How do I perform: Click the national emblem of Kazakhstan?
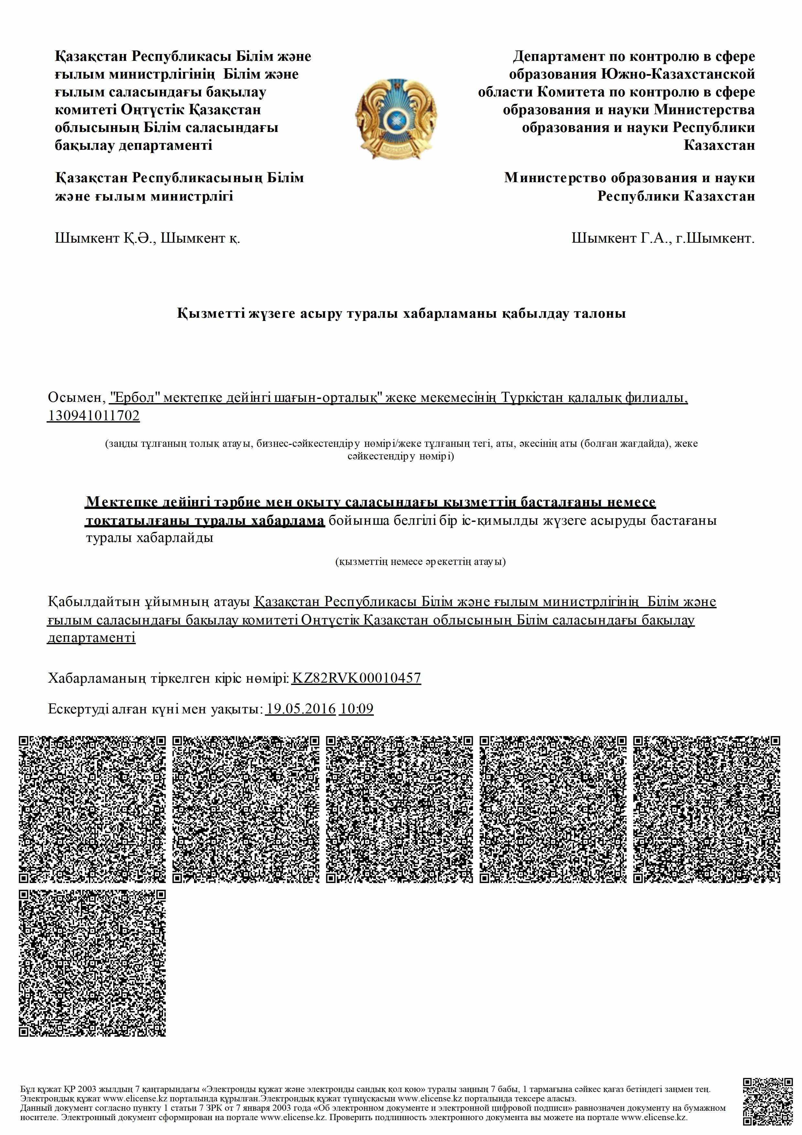(x=396, y=119)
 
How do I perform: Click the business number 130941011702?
(x=93, y=416)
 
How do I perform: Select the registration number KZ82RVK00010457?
(x=356, y=678)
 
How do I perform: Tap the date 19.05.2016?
(x=300, y=709)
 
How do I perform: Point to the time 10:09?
(x=356, y=709)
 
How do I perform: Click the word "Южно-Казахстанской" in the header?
(x=678, y=74)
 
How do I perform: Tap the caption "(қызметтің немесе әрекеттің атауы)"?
(x=420, y=562)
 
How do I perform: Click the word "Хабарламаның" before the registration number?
(x=97, y=678)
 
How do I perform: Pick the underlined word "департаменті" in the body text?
(x=92, y=638)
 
